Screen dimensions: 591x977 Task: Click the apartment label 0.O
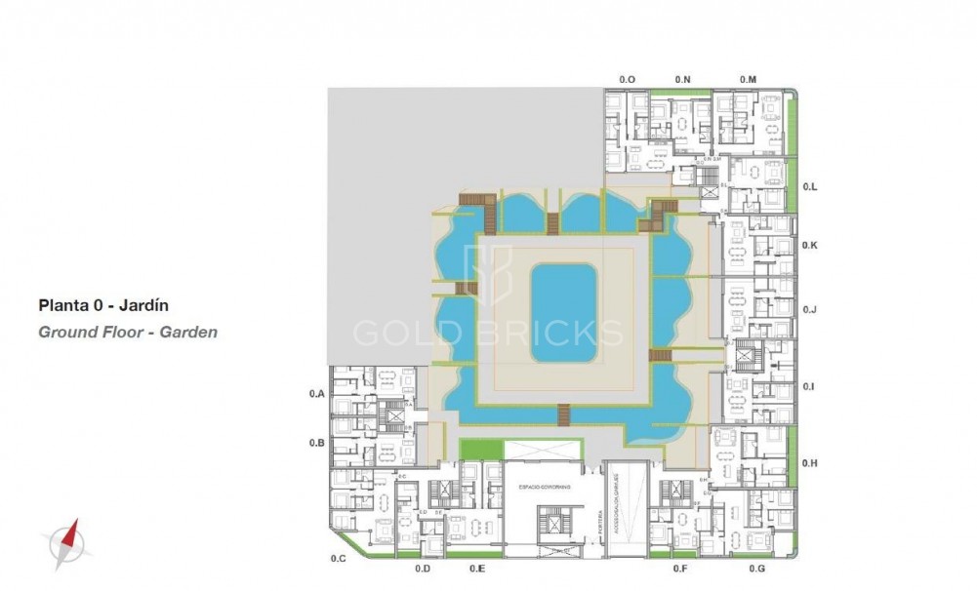pos(628,78)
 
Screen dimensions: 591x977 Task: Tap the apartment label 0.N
pos(682,78)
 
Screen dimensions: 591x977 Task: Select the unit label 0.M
pos(748,78)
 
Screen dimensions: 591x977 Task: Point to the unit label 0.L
pos(809,185)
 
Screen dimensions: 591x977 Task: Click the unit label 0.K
pos(809,245)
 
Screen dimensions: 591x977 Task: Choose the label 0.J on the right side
pos(809,309)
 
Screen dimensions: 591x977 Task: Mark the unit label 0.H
pos(809,462)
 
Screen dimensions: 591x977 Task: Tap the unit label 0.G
pos(756,568)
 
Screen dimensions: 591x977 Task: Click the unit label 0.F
pos(680,568)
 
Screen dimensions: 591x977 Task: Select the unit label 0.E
pos(477,568)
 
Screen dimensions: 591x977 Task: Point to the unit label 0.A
pos(315,394)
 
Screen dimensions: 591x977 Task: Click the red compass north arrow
pos(67,539)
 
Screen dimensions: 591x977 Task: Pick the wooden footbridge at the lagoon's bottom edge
pos(563,416)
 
